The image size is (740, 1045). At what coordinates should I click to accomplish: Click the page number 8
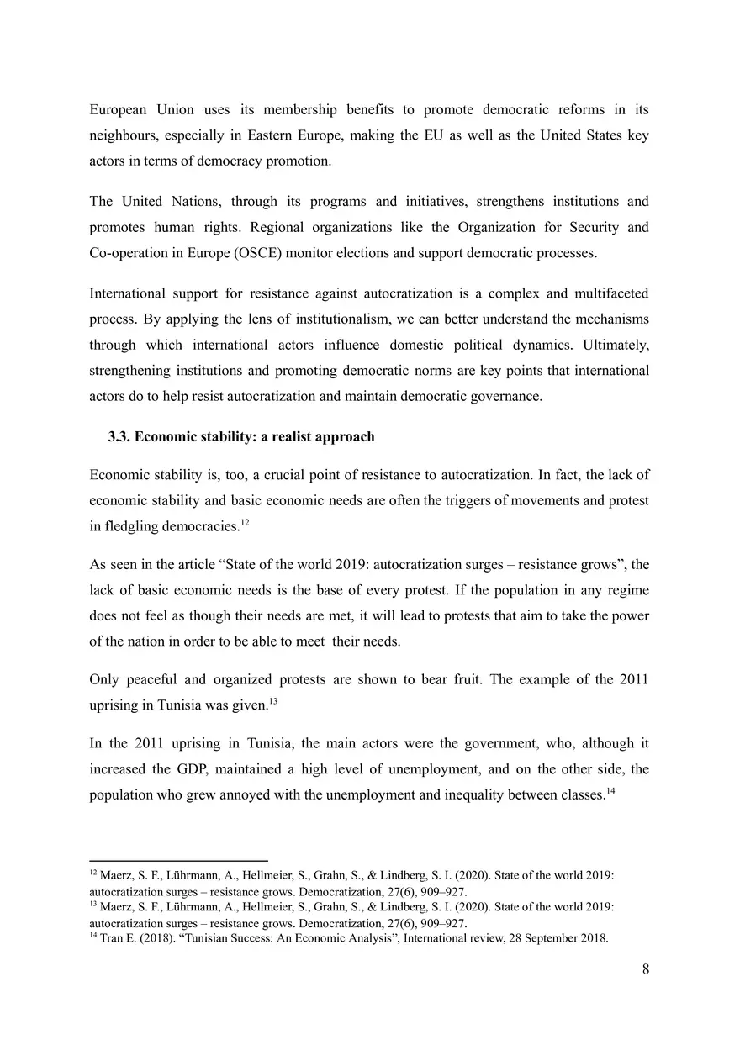[x=645, y=968]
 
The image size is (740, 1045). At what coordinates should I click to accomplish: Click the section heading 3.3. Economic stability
[x=241, y=437]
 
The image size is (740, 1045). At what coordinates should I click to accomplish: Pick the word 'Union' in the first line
[x=174, y=110]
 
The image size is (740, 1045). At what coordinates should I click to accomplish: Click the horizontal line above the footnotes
[x=178, y=861]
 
